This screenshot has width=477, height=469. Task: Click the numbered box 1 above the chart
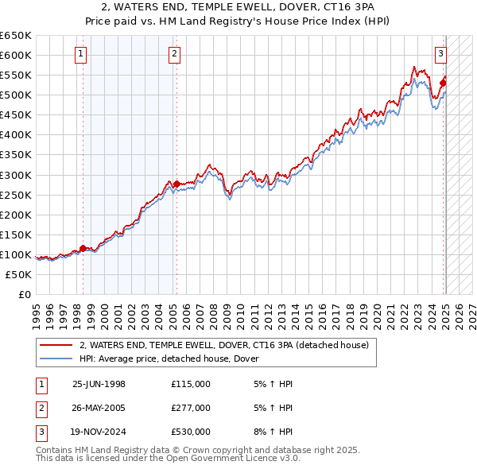click(83, 54)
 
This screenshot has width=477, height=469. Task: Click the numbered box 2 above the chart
click(174, 54)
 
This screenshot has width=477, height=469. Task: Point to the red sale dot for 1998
click(83, 248)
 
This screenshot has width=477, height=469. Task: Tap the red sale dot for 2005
click(176, 184)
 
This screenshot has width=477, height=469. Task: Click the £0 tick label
click(24, 294)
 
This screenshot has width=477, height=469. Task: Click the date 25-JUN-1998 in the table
click(99, 384)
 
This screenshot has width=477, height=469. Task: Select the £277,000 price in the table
click(191, 408)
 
